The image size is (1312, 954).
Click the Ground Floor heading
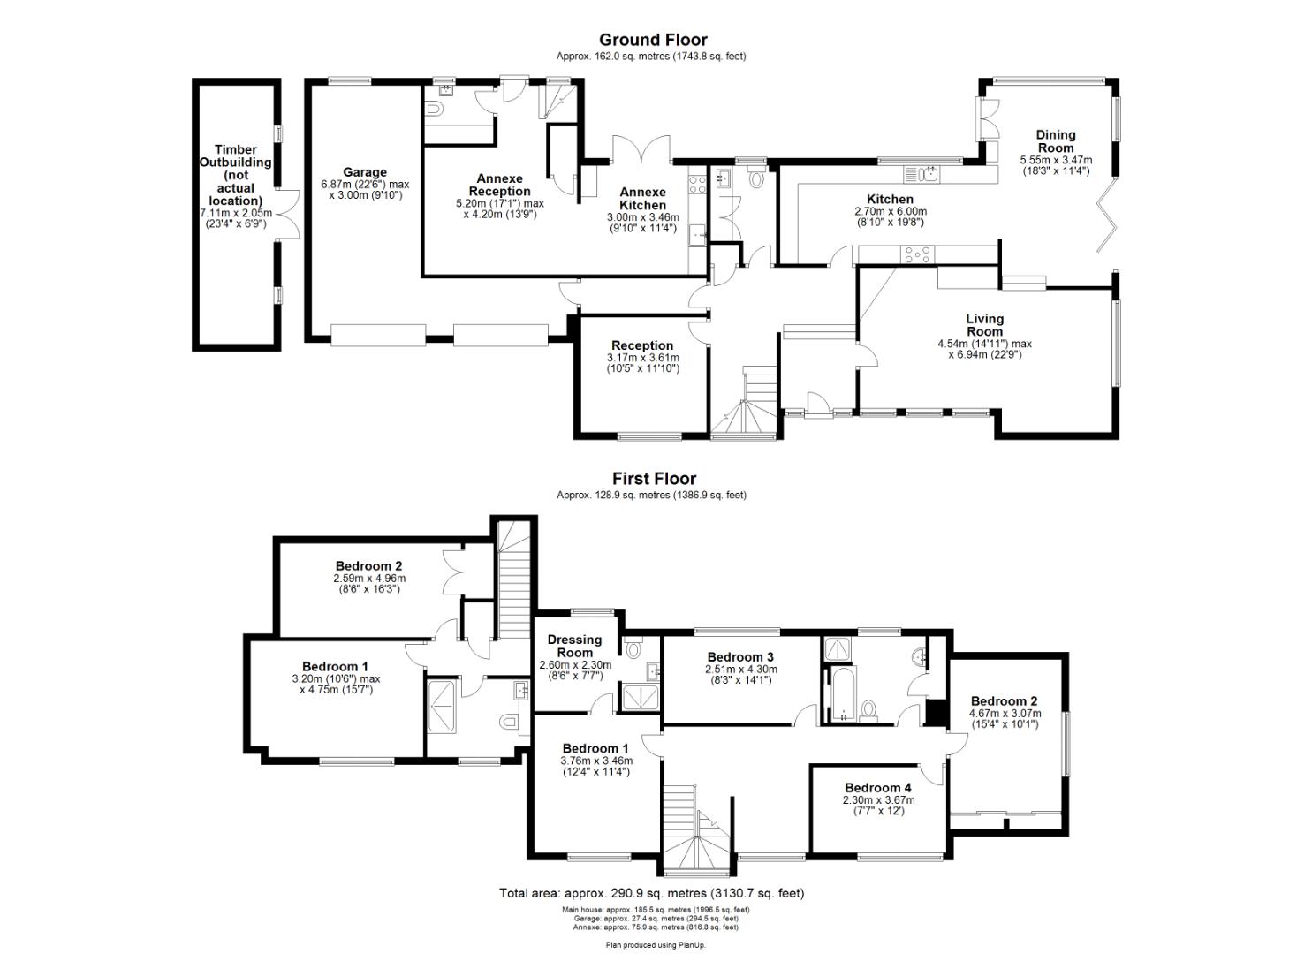point(653,40)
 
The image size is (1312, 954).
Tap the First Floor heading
point(655,479)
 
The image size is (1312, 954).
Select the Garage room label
point(365,172)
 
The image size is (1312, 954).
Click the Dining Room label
point(1056,141)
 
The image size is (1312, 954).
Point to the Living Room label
point(984,325)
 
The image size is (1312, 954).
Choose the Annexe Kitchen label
point(642,199)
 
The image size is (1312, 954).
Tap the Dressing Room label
point(574,646)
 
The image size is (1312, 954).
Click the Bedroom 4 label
point(878,788)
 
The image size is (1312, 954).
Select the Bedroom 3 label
point(740,657)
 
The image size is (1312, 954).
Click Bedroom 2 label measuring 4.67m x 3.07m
point(1005,701)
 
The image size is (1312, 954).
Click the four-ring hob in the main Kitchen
point(917,254)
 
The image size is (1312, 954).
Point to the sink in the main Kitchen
point(927,172)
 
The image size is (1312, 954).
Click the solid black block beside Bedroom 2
point(935,711)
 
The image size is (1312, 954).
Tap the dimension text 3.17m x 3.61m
point(642,357)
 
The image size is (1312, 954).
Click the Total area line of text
point(652,893)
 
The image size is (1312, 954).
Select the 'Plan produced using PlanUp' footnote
point(656,944)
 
